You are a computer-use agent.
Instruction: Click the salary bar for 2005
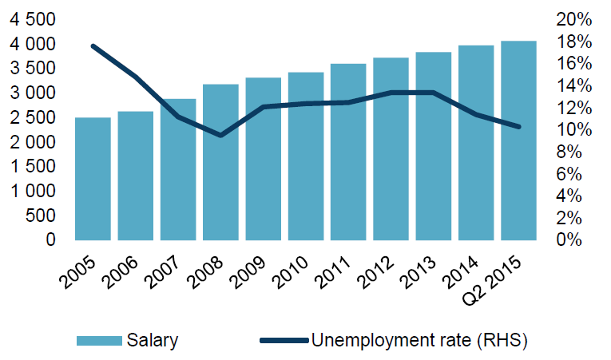coord(93,179)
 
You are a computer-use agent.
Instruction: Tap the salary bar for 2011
coord(348,152)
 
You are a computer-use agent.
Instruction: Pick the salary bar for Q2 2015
coord(518,140)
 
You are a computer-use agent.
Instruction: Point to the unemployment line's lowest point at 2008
coord(220,136)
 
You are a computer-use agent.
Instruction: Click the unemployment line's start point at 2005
coord(93,46)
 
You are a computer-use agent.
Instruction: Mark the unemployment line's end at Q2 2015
coord(519,127)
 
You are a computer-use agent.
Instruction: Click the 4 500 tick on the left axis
coord(33,19)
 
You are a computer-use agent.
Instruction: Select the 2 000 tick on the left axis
coord(33,142)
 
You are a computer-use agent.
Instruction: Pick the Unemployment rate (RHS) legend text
coord(419,341)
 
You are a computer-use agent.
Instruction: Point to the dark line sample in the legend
coord(284,341)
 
